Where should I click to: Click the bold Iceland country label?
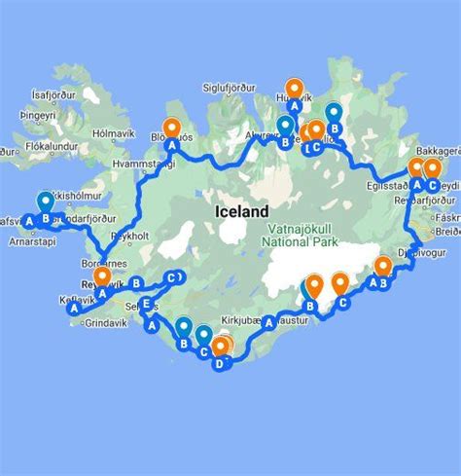click(x=242, y=210)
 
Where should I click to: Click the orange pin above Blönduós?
click(x=172, y=128)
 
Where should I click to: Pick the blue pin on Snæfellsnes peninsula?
click(x=45, y=202)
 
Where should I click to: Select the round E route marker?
click(x=147, y=305)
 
